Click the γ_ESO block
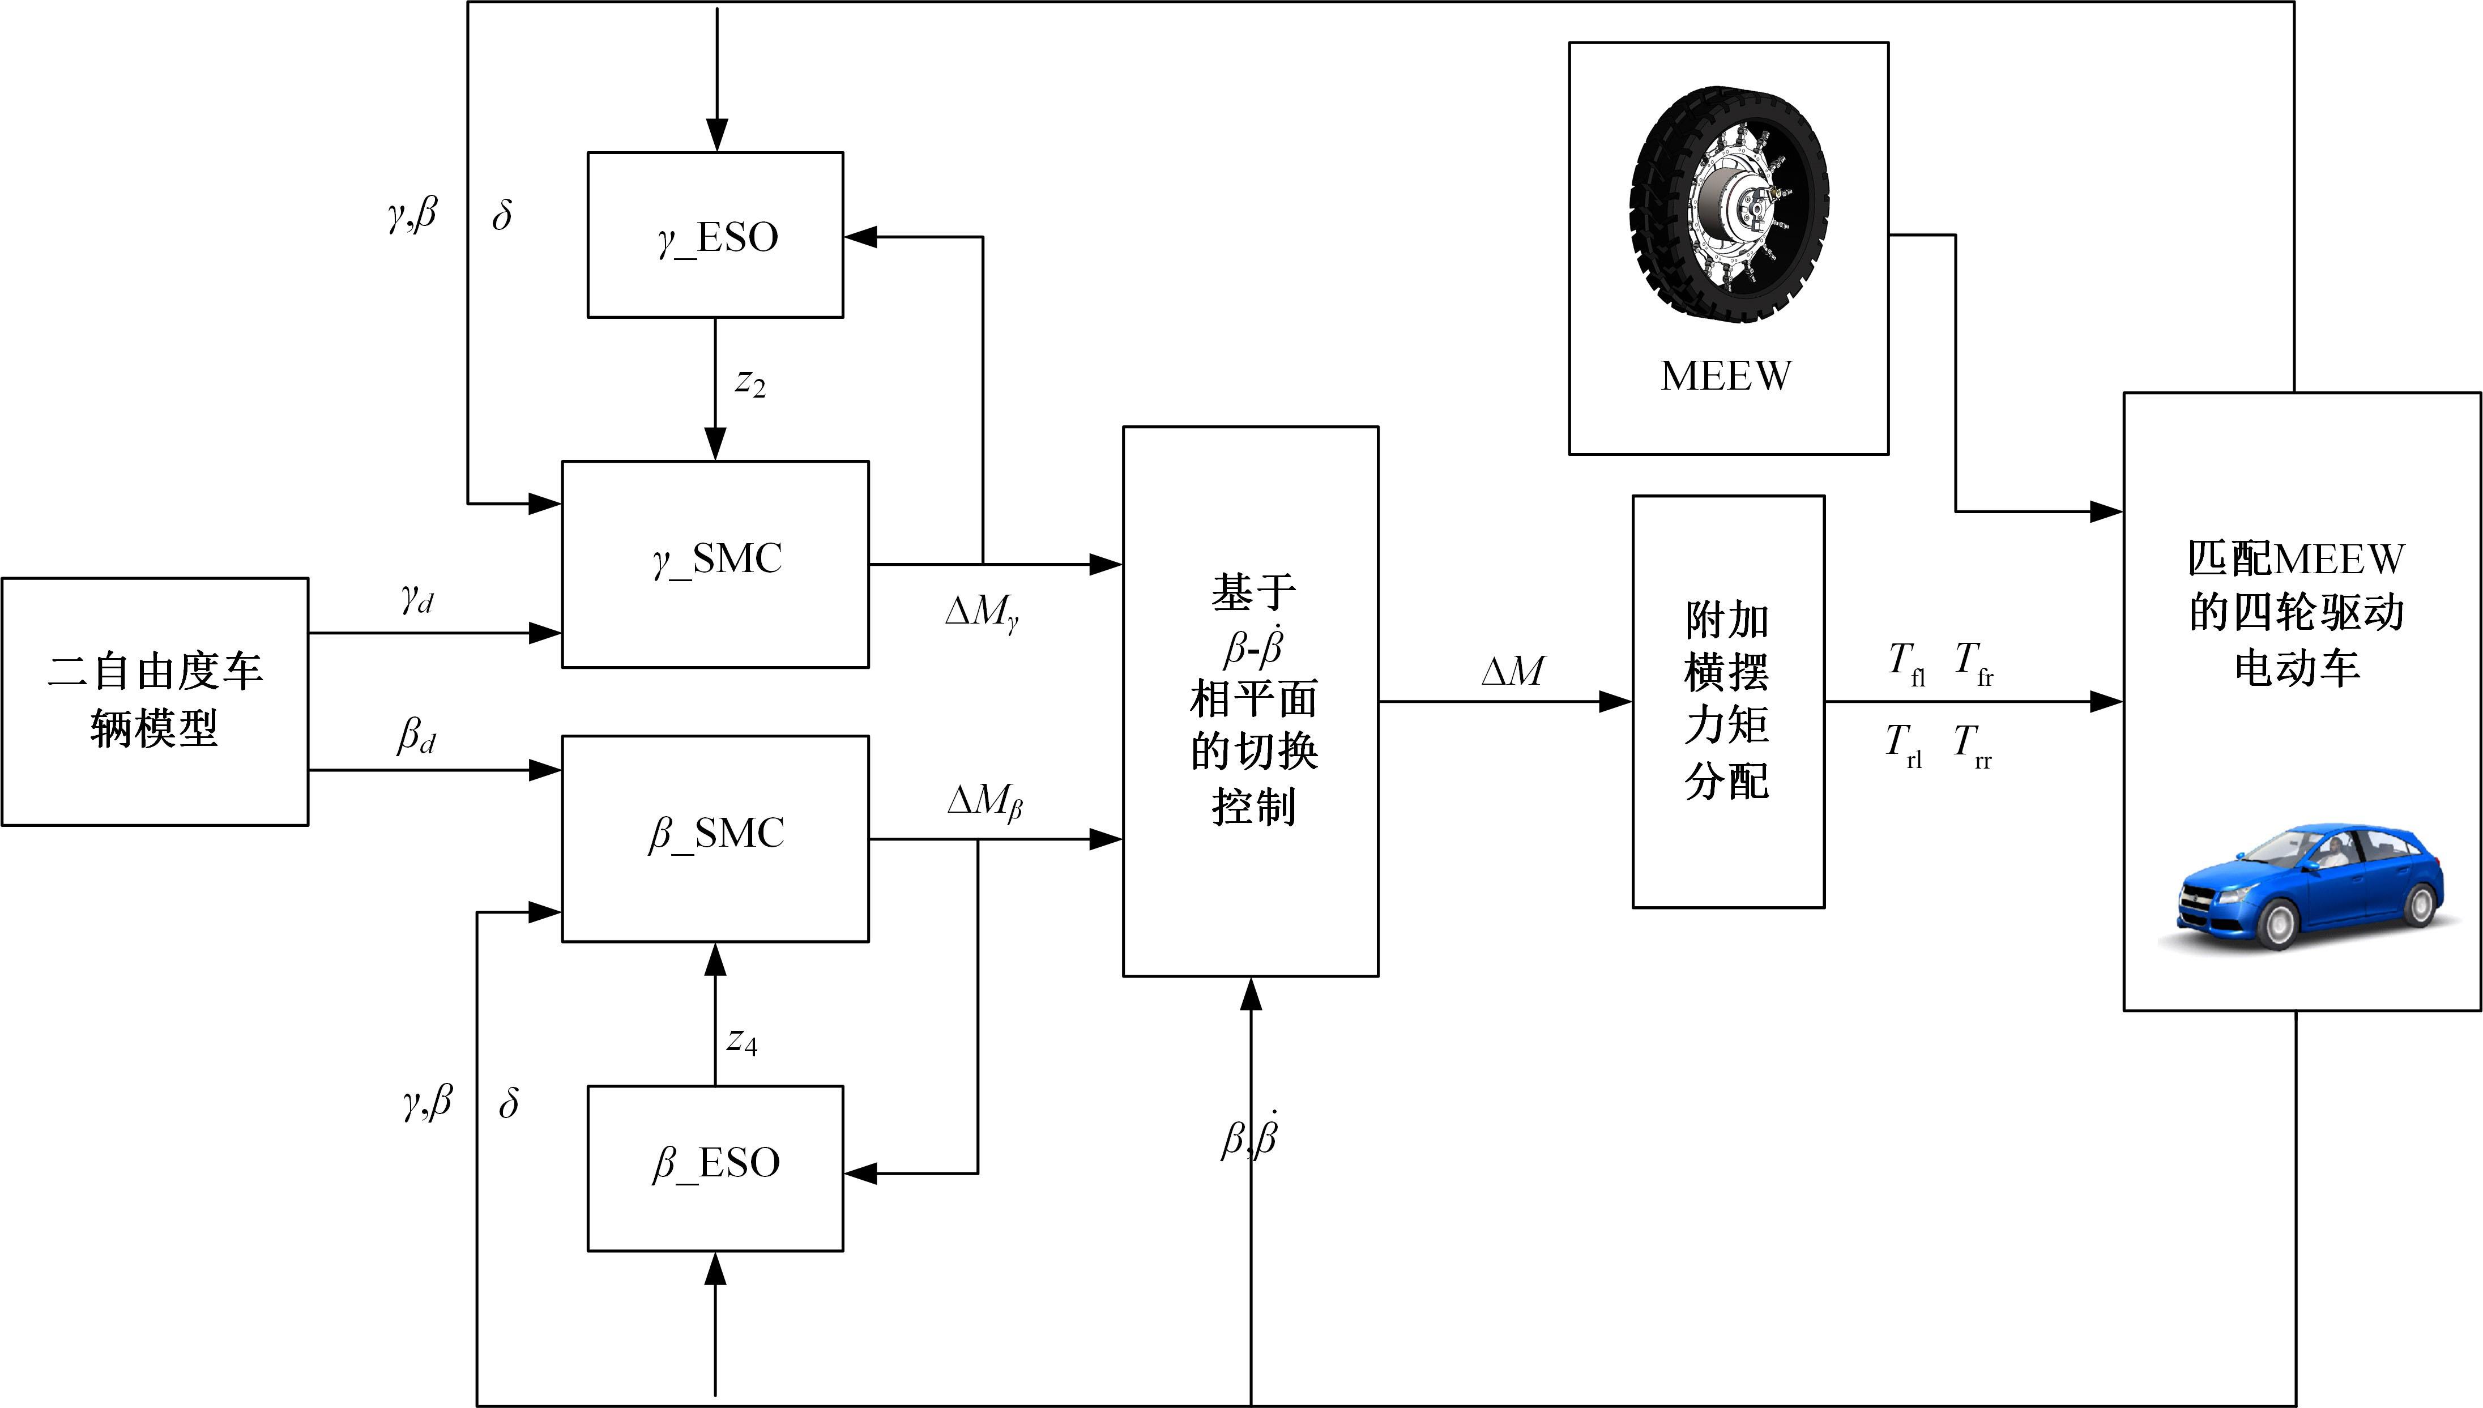(x=715, y=235)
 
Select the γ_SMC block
(x=715, y=564)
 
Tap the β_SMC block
(x=715, y=838)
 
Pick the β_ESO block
(x=715, y=1167)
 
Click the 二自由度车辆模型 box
(x=155, y=701)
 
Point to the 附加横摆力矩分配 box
(x=1728, y=701)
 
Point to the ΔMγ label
(x=982, y=611)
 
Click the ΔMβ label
(x=984, y=801)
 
